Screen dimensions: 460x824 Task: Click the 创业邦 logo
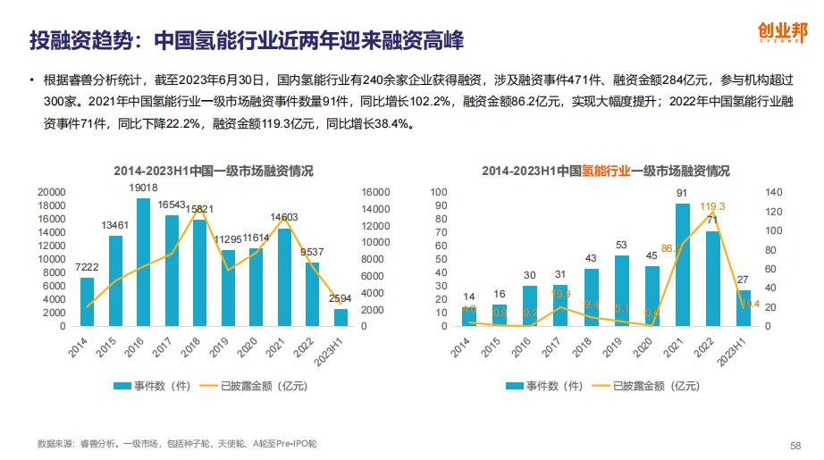[773, 34]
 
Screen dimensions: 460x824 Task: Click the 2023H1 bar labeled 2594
[341, 317]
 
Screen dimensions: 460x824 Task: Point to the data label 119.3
[713, 207]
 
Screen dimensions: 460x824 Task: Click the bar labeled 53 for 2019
[620, 290]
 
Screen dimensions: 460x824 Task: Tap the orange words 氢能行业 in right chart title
[607, 170]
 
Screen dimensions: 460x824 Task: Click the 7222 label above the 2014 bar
[87, 267]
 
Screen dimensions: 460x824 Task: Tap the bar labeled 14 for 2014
[468, 316]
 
